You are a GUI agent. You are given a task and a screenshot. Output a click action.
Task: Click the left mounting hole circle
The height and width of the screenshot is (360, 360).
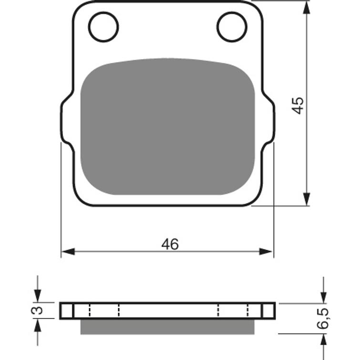pyautogui.click(x=88, y=27)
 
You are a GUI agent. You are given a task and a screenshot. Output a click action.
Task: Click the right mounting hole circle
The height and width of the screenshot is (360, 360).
pyautogui.click(x=217, y=27)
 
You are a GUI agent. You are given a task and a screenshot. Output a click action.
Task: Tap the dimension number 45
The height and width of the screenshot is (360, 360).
pyautogui.click(x=298, y=105)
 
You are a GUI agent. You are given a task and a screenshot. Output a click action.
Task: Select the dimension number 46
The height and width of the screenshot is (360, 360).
pyautogui.click(x=170, y=244)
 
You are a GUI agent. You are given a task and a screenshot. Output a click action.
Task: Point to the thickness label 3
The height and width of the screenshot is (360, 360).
pyautogui.click(x=37, y=310)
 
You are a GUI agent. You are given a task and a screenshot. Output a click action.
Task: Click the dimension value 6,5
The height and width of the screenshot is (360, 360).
pyautogui.click(x=323, y=319)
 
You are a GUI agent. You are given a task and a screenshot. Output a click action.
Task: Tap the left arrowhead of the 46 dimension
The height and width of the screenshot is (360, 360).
pyautogui.click(x=68, y=251)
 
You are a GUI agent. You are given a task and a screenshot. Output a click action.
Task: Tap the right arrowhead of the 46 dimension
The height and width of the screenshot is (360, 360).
pyautogui.click(x=266, y=251)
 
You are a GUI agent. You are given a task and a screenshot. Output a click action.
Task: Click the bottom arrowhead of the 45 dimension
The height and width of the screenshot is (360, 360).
pyautogui.click(x=307, y=199)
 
